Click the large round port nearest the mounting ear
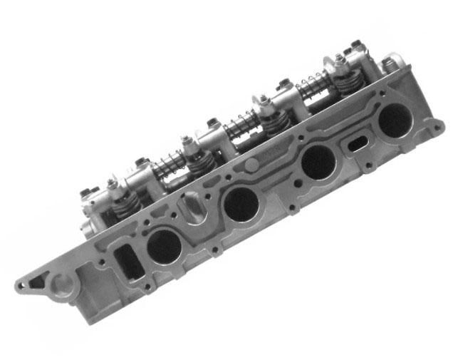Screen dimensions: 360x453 pyautogui.click(x=164, y=246)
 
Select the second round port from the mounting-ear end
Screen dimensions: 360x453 pyautogui.click(x=241, y=204)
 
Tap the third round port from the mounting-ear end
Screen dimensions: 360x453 pyautogui.click(x=318, y=164)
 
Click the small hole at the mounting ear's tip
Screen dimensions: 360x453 pyautogui.click(x=21, y=287)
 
